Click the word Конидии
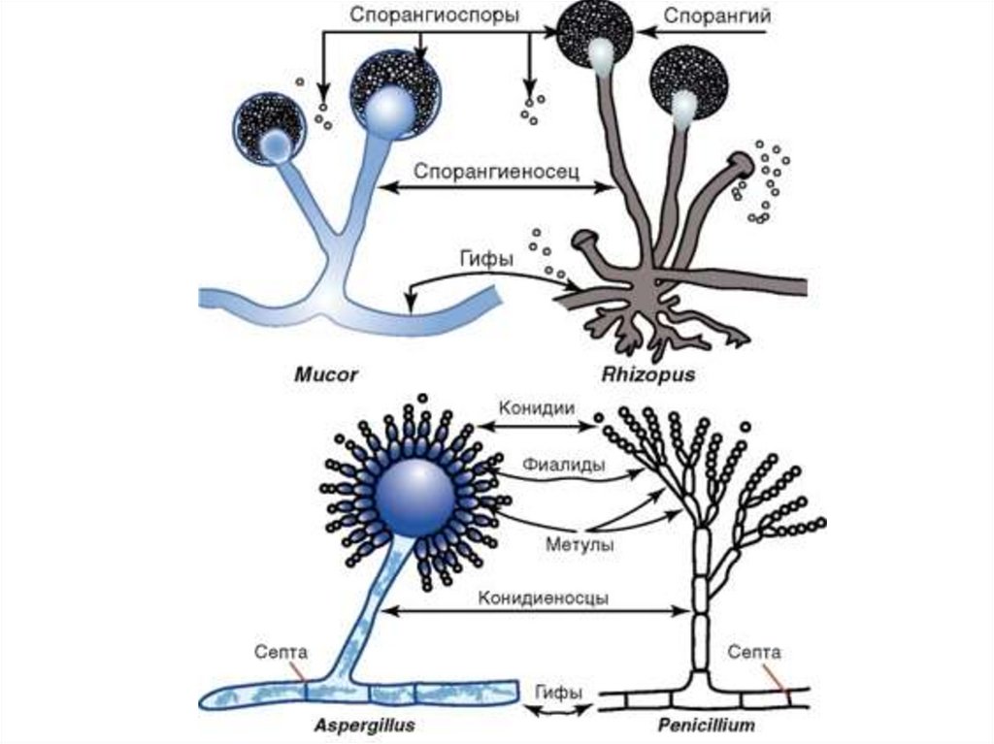[x=536, y=407]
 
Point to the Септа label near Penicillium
[x=754, y=652]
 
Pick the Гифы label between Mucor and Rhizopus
[x=482, y=260]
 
